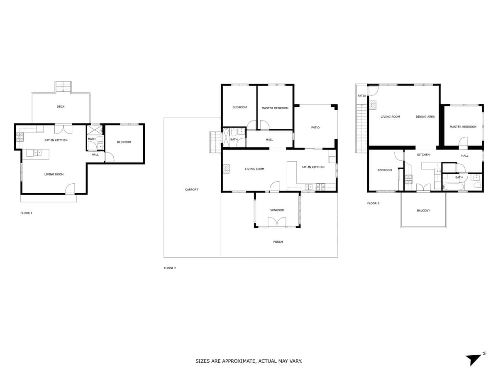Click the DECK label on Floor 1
point(61,106)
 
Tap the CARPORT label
point(191,189)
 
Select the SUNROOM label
point(277,210)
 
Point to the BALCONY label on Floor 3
point(423,211)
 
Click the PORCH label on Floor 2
point(278,242)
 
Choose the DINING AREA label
point(425,116)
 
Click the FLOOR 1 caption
point(26,213)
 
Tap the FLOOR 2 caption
point(170,268)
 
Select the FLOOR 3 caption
point(373,203)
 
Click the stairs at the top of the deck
point(63,87)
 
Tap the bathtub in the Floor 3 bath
point(453,187)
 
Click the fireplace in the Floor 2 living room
point(227,169)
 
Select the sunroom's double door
point(277,222)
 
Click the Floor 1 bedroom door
point(110,157)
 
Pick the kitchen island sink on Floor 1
point(38,153)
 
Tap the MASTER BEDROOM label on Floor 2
point(275,108)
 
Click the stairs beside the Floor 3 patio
point(361,128)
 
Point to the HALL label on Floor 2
point(269,140)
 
